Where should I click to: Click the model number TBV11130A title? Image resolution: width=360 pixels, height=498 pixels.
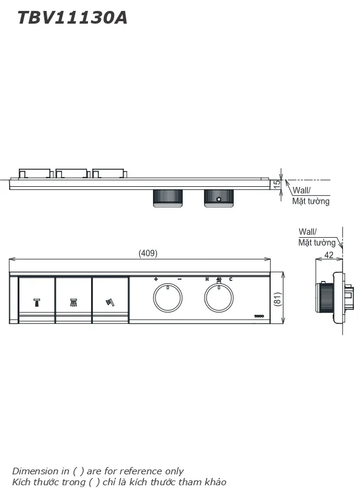coord(72,18)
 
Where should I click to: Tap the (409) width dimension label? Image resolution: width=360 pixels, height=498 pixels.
coord(148,253)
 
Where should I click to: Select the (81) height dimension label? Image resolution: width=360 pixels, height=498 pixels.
coord(277,298)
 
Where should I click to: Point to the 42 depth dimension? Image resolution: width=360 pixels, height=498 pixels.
coord(328,255)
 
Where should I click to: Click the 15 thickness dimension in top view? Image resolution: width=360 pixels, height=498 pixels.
coord(277,184)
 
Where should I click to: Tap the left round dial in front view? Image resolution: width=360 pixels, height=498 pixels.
coord(167,297)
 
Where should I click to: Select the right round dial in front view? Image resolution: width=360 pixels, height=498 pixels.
coord(219,297)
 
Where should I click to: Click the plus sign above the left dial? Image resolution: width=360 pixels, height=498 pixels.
coord(156,279)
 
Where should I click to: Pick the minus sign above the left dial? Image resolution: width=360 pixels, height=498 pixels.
coord(179,279)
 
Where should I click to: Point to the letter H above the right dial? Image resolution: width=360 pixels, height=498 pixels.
coord(206,279)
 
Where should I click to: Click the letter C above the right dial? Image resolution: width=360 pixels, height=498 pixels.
coord(231,279)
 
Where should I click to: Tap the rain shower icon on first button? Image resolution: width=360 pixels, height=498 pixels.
coord(37,301)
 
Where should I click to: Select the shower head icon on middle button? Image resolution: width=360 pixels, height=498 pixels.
coord(73,301)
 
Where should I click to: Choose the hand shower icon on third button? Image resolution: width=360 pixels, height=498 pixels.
coord(110,301)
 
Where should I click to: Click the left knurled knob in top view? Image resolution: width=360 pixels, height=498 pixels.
coord(167,198)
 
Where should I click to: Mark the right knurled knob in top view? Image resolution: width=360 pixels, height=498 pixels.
coord(219,198)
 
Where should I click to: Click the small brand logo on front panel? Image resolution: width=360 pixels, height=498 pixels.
coord(259,316)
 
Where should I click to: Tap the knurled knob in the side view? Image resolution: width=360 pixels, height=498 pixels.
coord(326,297)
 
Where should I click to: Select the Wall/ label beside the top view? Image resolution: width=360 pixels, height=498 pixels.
coord(301,190)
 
